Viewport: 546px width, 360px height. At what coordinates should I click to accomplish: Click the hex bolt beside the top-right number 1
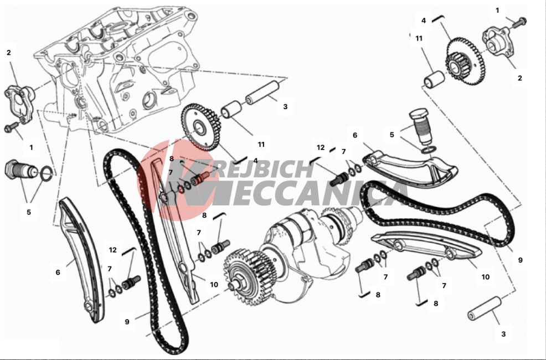coord(519,22)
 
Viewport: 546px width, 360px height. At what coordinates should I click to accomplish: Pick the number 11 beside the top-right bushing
coord(419,38)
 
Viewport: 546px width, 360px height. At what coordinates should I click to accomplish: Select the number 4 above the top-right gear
coord(424,20)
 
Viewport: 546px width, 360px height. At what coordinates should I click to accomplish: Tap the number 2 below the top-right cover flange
coord(519,78)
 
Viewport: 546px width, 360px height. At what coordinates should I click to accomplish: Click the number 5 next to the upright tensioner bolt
coord(392,135)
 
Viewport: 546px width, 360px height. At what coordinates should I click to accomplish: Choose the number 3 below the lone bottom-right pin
coord(503,334)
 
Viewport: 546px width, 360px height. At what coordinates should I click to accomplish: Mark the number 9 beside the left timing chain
coord(127,322)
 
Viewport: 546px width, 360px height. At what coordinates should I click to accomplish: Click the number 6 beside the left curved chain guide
coord(58,272)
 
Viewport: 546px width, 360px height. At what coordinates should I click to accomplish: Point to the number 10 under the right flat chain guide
coord(486,277)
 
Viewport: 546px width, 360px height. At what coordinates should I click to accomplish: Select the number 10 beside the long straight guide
coord(214,285)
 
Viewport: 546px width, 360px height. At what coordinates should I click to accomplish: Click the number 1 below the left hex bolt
coord(31,147)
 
